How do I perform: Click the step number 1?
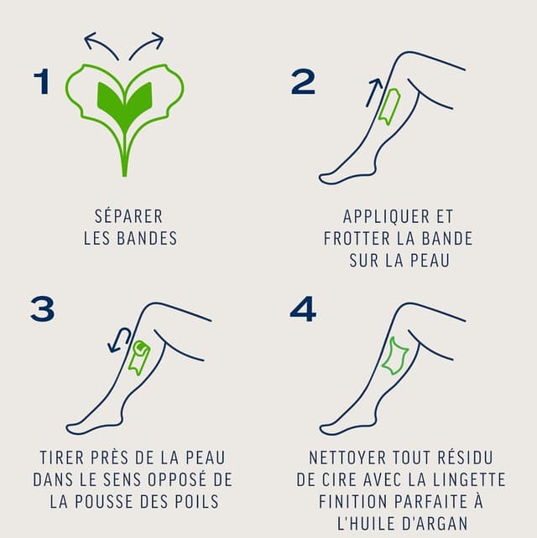pos(42,81)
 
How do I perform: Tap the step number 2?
pos(303,81)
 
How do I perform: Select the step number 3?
pos(42,308)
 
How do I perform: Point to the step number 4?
pos(303,308)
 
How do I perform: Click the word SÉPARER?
pos(130,216)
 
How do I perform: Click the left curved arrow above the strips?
pos(101,44)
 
